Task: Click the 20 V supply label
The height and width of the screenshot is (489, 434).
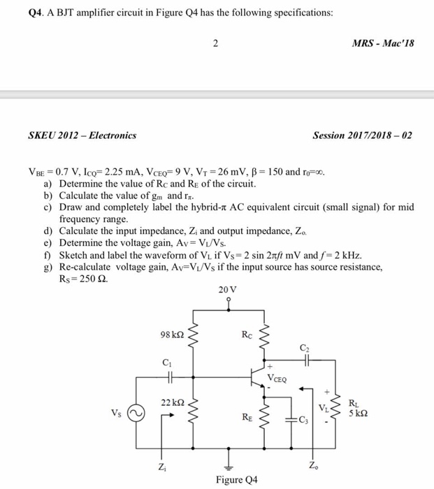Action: coord(227,289)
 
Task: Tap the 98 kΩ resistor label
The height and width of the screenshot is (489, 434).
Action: coord(172,335)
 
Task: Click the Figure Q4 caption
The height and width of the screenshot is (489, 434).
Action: coord(227,481)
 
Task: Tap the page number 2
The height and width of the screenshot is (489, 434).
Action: coord(217,44)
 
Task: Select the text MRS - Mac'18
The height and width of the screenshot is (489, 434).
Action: coord(384,43)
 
